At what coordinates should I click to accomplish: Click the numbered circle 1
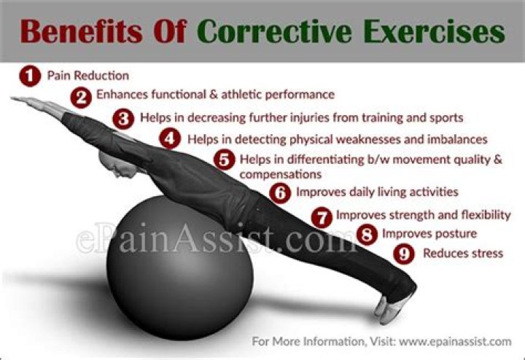coord(28,75)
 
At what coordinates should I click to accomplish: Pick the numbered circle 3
coord(124,117)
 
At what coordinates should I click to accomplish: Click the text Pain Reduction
coord(87,75)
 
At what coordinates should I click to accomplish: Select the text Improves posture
coord(429,234)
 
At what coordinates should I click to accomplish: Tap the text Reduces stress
coord(462,254)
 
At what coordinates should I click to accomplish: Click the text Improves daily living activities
coord(376,193)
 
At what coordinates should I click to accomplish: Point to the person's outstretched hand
coord(22,102)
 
